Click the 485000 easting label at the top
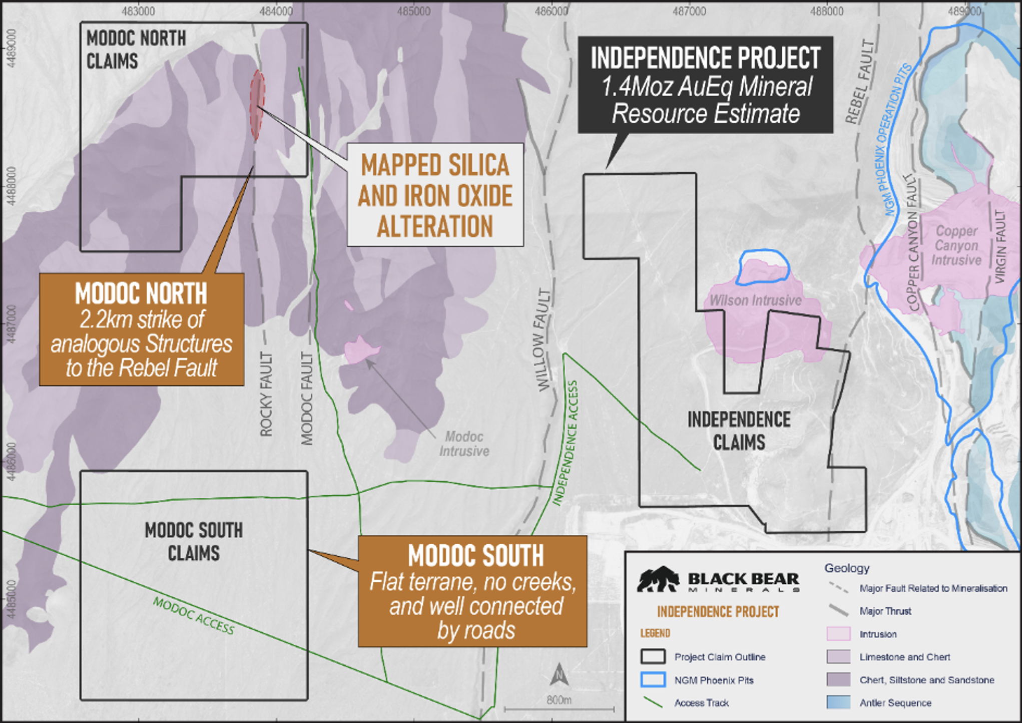coord(413,11)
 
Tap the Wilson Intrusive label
coord(755,300)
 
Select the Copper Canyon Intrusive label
coord(956,245)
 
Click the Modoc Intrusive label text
coord(464,444)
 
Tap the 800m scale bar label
coord(559,699)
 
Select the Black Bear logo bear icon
coord(658,580)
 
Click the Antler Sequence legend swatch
coord(838,702)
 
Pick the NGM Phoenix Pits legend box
coord(653,679)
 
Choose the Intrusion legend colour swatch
coord(838,633)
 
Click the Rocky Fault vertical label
coord(266,394)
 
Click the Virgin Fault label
coord(1000,246)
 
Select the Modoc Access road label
coord(193,615)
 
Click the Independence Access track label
coord(566,443)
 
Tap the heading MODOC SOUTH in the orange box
coord(475,555)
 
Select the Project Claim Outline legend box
coord(653,656)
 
